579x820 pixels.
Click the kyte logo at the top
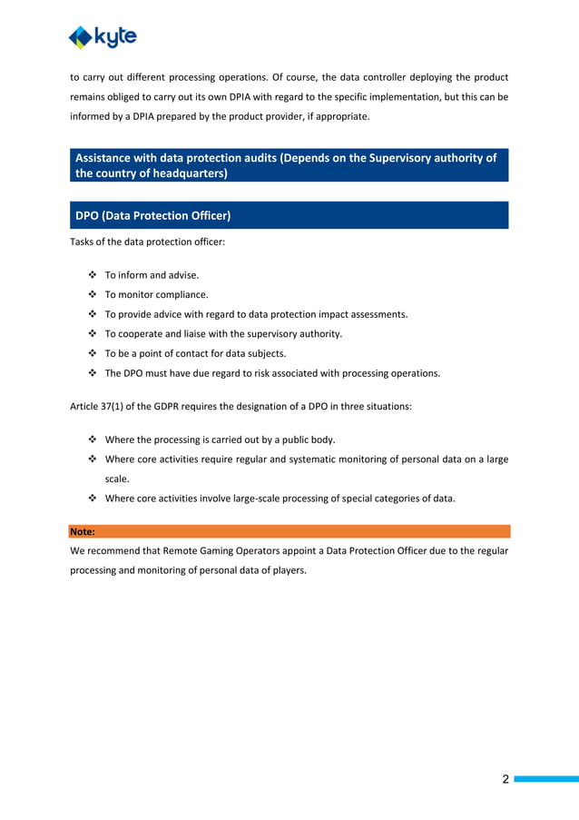pos(103,36)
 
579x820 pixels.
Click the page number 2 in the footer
pos(506,779)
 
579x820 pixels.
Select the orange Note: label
pos(83,531)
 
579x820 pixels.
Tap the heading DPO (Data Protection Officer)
pos(153,215)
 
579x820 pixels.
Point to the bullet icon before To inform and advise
pos(93,274)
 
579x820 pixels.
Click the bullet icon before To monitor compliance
pos(93,294)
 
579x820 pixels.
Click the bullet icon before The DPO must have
pos(93,373)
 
